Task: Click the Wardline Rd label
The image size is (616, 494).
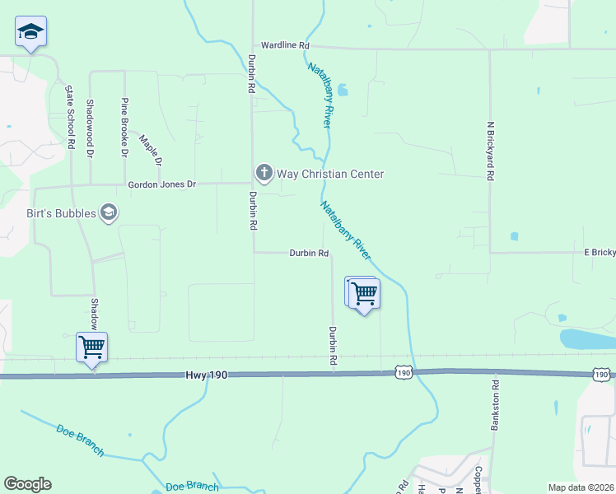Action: [x=285, y=44]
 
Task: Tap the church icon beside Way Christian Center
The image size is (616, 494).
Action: [x=264, y=173]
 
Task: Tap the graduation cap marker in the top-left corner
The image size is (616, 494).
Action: [x=31, y=32]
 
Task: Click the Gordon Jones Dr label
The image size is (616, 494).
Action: [x=162, y=185]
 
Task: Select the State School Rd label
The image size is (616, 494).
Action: [x=72, y=116]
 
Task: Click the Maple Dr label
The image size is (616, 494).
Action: [x=152, y=149]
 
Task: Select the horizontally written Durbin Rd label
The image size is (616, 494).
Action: [x=309, y=254]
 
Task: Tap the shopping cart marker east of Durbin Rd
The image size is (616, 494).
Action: [x=363, y=293]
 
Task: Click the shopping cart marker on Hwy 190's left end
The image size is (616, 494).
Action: [x=91, y=347]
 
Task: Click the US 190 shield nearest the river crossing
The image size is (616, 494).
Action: [x=403, y=374]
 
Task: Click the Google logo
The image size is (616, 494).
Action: [x=27, y=484]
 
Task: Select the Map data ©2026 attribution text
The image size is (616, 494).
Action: [x=580, y=487]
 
